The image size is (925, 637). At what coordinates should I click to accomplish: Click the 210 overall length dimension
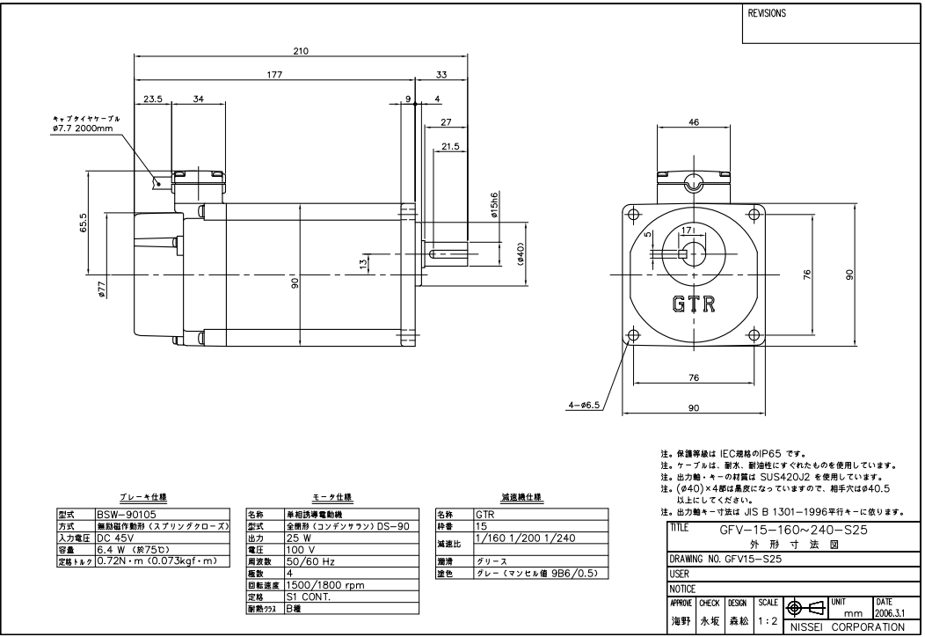click(x=300, y=52)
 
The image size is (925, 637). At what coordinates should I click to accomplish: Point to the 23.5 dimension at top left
click(x=153, y=99)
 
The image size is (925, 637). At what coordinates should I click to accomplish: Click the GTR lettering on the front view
click(x=693, y=304)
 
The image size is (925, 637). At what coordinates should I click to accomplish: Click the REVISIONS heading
click(x=767, y=15)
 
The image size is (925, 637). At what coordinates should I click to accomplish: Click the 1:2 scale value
click(x=768, y=620)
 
